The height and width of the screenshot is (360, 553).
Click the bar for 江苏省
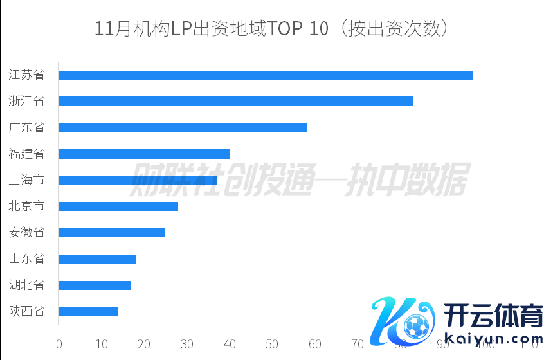click(266, 75)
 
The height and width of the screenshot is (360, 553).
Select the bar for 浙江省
click(235, 101)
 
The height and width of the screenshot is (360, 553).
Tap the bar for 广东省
click(183, 127)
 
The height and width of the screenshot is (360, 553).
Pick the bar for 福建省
click(144, 154)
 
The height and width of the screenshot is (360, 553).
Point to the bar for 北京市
click(118, 206)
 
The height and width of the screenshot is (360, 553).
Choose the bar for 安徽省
click(112, 233)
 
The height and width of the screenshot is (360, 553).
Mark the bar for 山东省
click(97, 259)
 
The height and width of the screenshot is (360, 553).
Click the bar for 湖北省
click(95, 285)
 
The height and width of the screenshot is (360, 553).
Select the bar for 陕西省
click(89, 312)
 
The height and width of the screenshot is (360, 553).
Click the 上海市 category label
click(26, 181)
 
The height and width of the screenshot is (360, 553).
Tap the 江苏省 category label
click(26, 75)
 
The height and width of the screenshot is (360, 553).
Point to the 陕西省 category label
click(26, 312)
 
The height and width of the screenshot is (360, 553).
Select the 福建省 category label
click(26, 154)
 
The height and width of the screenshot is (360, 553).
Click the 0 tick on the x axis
click(59, 345)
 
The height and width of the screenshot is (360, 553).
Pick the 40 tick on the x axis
click(230, 345)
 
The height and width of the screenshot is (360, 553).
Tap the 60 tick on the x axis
click(315, 345)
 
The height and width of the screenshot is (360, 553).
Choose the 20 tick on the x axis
click(144, 345)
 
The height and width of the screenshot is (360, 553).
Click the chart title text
click(271, 29)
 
